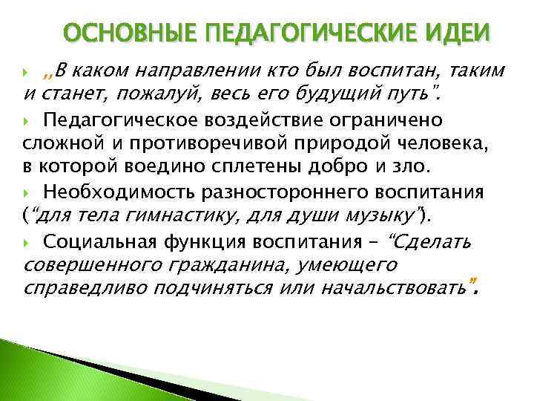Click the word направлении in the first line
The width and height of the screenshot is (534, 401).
point(208,72)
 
